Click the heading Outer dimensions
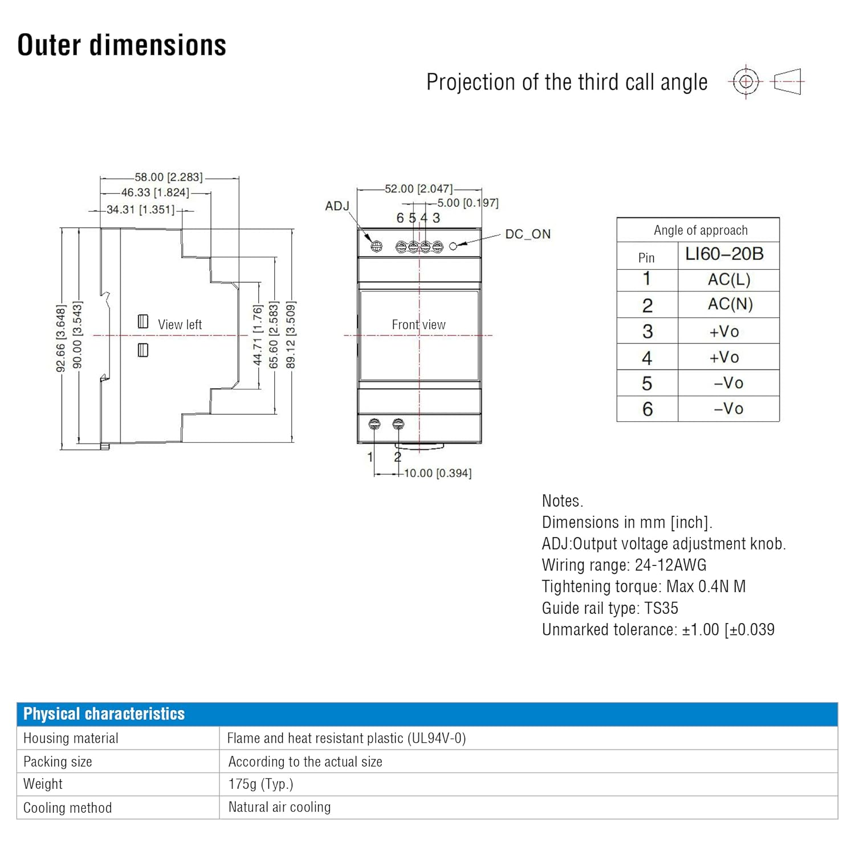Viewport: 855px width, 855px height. (121, 45)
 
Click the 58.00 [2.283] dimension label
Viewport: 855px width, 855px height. (169, 177)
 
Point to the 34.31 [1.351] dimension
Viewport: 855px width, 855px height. (141, 210)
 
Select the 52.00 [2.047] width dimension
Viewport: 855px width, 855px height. (418, 189)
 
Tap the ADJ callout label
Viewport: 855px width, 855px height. (337, 206)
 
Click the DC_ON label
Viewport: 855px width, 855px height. (528, 234)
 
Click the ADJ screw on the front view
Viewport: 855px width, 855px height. (376, 247)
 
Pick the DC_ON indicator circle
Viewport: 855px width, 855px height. (453, 246)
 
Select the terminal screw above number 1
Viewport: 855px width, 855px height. (374, 424)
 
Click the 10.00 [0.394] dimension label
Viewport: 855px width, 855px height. (438, 473)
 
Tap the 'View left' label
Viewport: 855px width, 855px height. (180, 324)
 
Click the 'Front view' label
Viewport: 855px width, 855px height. (418, 324)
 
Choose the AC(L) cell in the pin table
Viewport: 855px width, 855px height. (729, 279)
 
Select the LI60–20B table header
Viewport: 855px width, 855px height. (724, 254)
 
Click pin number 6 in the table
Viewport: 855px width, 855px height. (647, 409)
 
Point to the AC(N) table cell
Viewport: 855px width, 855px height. (730, 304)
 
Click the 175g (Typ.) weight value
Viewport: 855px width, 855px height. (260, 784)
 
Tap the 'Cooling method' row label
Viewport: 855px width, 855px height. (67, 808)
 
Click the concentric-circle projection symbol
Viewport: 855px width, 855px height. (746, 82)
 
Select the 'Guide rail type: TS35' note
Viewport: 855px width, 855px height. (610, 608)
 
